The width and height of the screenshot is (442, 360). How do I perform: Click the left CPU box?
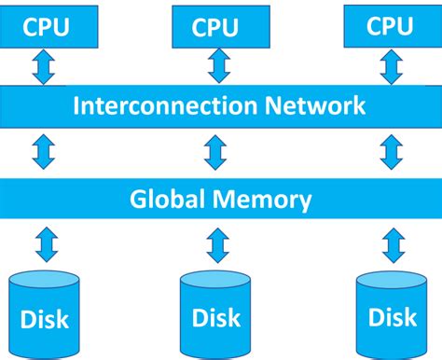(46, 26)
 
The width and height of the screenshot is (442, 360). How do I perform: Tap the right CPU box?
(390, 26)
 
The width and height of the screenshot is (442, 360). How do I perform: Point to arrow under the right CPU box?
(390, 65)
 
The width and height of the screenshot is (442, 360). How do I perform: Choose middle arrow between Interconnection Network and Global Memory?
(217, 151)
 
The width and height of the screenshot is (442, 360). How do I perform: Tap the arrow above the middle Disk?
(217, 245)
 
